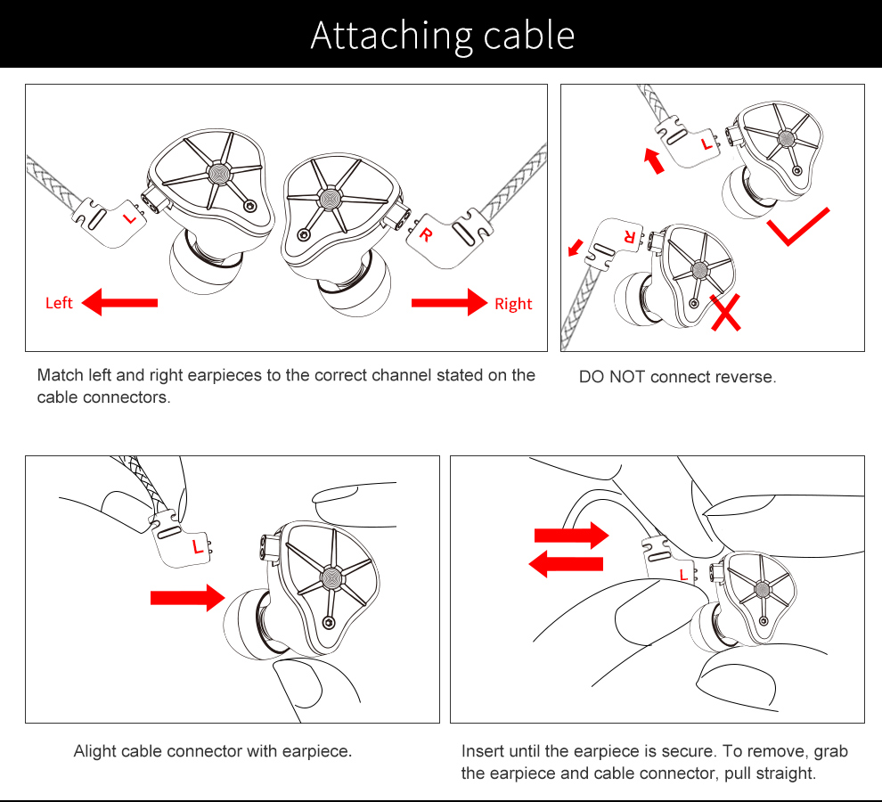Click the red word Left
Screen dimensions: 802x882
coord(59,304)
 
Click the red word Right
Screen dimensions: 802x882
coord(513,304)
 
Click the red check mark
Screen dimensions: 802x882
coord(797,228)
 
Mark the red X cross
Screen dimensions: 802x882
coord(726,313)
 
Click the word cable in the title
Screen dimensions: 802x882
coord(528,35)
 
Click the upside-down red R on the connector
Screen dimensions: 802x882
coord(629,238)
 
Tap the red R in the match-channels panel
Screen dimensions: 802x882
coord(427,235)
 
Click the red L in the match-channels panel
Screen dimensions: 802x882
coord(129,217)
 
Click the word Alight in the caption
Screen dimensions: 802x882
coord(94,751)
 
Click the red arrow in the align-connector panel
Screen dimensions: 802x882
coord(187,597)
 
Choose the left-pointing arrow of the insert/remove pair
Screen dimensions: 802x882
coord(567,563)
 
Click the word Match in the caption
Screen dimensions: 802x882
coord(59,375)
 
